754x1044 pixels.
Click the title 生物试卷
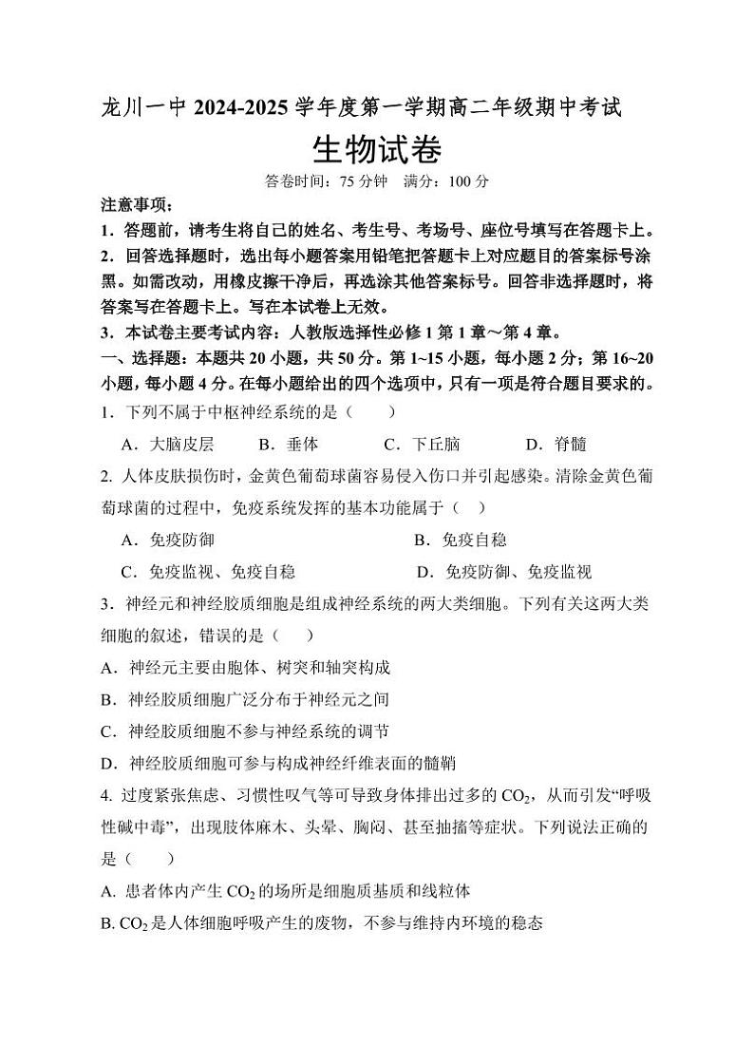click(376, 148)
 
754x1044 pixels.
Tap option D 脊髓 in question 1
click(556, 444)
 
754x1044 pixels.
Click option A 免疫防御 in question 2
click(168, 540)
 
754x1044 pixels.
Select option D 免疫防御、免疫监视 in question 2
click(504, 571)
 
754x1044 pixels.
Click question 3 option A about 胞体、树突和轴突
click(245, 668)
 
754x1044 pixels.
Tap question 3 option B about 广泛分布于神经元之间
click(245, 699)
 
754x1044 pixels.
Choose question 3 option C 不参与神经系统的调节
click(245, 731)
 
